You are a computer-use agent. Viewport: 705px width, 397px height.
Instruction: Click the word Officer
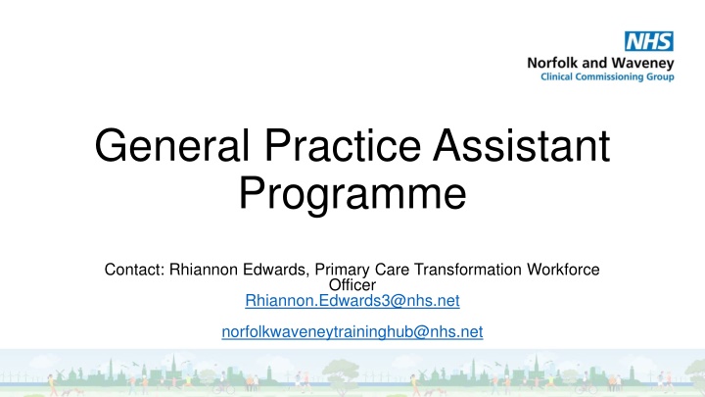click(352, 284)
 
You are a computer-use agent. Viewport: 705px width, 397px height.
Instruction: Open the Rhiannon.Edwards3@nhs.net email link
click(352, 300)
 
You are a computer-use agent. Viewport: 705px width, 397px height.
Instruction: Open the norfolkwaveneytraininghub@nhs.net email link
click(352, 332)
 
